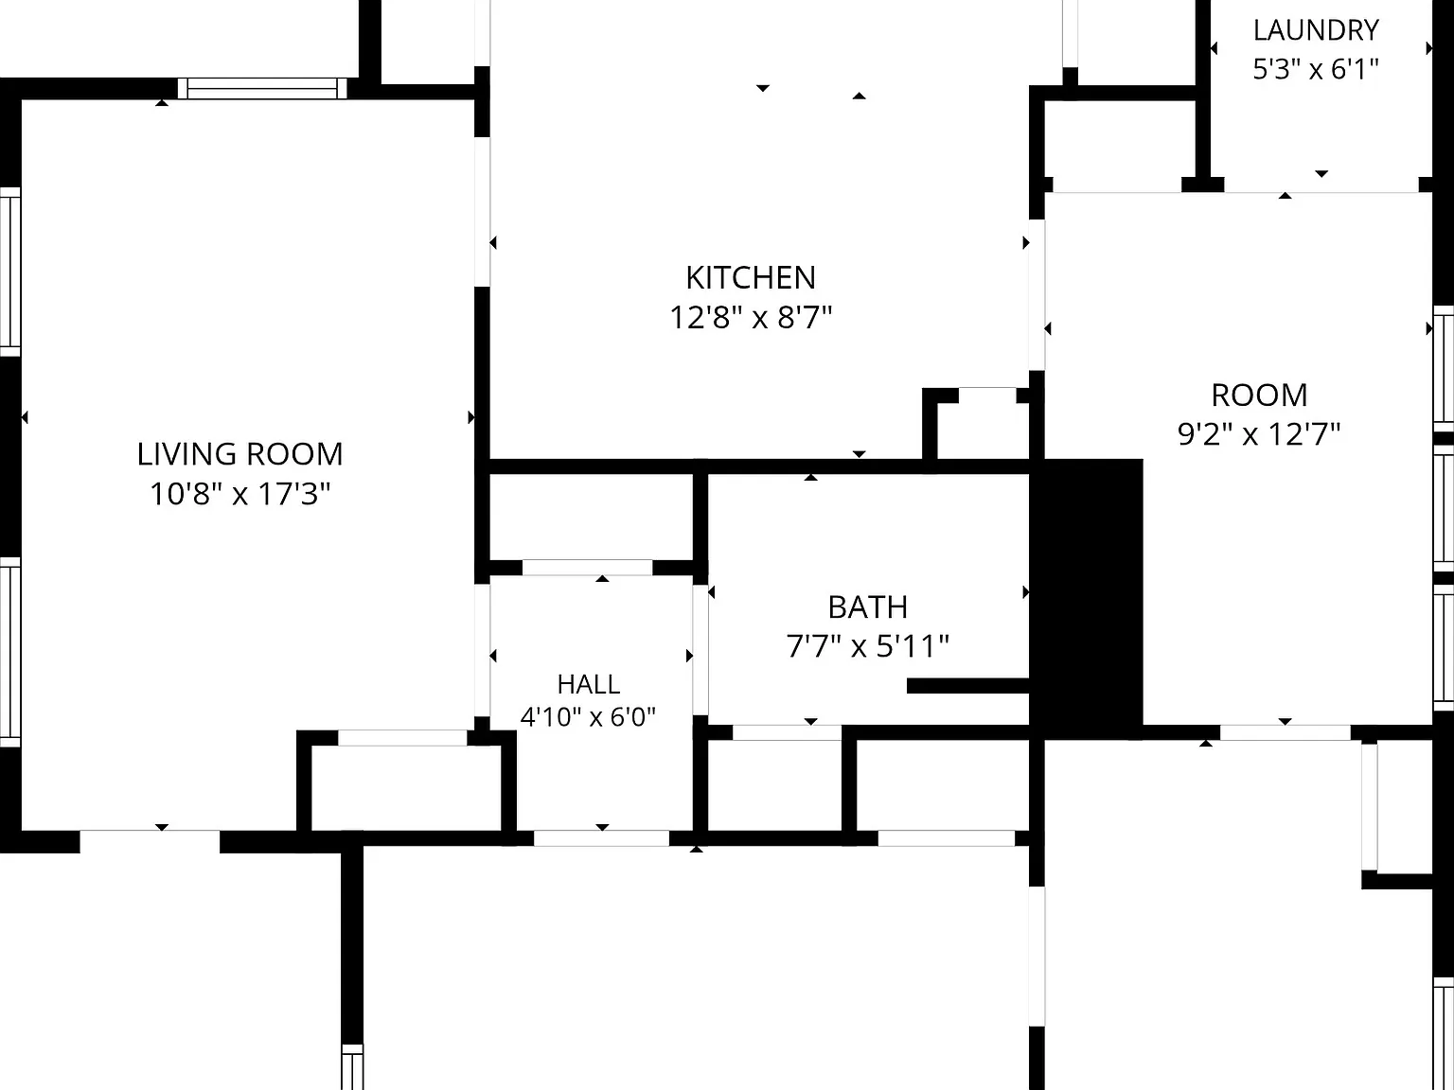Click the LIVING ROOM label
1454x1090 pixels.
click(x=239, y=454)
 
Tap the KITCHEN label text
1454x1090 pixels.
click(x=751, y=277)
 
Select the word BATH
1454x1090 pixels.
click(x=868, y=607)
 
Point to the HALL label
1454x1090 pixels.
click(x=588, y=684)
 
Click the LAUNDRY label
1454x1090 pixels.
click(x=1316, y=30)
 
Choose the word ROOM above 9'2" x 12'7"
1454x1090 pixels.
click(x=1259, y=396)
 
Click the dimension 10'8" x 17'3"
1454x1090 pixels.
click(x=239, y=494)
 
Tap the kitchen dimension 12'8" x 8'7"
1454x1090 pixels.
click(x=751, y=317)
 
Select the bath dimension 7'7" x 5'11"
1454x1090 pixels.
click(x=868, y=646)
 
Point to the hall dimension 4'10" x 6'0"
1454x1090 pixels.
click(x=588, y=717)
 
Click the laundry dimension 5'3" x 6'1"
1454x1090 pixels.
click(x=1316, y=69)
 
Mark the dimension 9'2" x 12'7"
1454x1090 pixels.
click(x=1259, y=434)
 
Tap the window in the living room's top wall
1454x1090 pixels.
click(x=263, y=88)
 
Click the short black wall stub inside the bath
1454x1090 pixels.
click(x=967, y=686)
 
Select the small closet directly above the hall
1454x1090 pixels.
click(x=591, y=518)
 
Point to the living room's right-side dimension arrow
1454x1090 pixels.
click(x=471, y=417)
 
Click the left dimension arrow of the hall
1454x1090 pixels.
click(x=493, y=656)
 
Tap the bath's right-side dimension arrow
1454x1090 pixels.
click(x=1026, y=592)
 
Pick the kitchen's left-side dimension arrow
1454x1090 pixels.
click(x=493, y=243)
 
